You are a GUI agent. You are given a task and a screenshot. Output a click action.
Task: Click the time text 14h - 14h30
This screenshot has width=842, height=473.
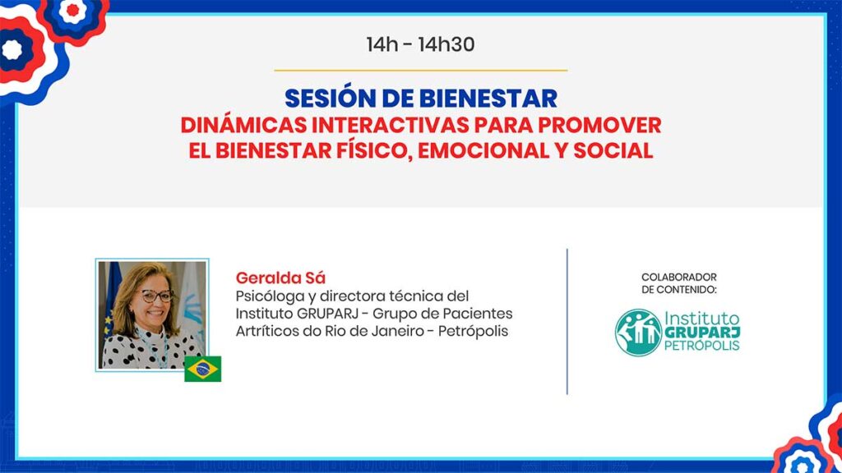[420, 44]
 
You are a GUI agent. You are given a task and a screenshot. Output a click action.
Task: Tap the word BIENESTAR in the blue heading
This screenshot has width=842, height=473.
[488, 99]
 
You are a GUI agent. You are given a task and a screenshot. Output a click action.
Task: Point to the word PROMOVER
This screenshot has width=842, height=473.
[599, 126]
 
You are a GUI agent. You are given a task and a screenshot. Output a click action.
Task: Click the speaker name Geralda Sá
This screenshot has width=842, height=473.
[280, 278]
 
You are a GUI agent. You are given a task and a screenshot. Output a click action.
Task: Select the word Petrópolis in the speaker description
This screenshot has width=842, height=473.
[473, 331]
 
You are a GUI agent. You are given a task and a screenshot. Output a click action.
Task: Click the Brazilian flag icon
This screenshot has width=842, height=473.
[202, 369]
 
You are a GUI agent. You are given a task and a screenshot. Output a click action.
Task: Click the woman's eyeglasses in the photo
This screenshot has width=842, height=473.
[157, 296]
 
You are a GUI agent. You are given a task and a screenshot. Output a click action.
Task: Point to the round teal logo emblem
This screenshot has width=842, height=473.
[638, 333]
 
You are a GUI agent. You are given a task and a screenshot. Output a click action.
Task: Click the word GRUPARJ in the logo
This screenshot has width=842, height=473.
[702, 333]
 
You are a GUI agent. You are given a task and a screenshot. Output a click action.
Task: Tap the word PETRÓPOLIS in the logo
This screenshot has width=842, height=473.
[702, 346]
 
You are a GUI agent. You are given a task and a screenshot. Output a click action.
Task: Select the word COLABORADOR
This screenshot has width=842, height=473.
[678, 278]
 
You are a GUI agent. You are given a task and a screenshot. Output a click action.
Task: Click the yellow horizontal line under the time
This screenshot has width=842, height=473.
[420, 71]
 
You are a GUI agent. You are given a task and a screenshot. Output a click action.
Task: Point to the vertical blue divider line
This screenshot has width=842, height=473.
[567, 321]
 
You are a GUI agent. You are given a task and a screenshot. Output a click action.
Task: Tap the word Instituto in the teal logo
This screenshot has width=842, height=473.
[702, 318]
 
